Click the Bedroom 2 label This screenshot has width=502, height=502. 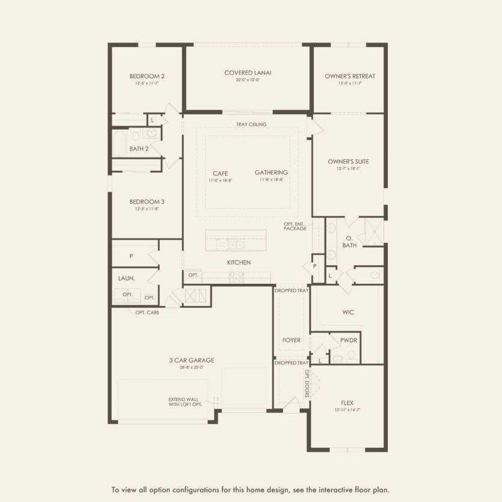[x=147, y=76]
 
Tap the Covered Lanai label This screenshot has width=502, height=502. [x=248, y=73]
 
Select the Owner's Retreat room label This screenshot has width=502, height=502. [x=349, y=76]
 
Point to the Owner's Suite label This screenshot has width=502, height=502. [x=348, y=161]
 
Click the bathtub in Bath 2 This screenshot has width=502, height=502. [x=120, y=144]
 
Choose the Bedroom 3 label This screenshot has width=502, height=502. [x=147, y=202]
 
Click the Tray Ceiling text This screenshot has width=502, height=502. [x=251, y=124]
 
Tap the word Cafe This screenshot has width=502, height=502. [x=220, y=173]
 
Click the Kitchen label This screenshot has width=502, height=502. [x=239, y=263]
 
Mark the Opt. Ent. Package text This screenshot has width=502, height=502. [x=295, y=226]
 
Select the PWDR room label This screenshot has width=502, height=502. [x=349, y=340]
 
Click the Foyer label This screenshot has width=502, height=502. [x=292, y=340]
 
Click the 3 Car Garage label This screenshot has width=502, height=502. [x=191, y=361]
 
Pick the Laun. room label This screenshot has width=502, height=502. [x=126, y=278]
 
